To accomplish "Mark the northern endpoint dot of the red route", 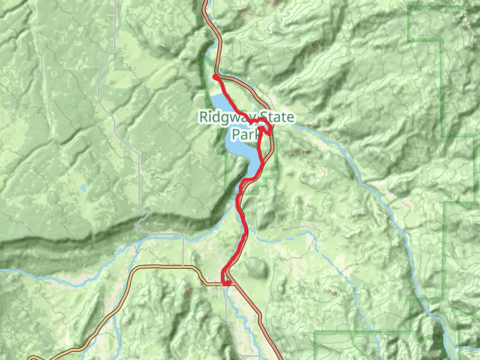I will [x=215, y=77].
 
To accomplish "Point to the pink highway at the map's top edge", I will [x=205, y=2].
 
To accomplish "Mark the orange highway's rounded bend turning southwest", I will [x=135, y=273].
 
